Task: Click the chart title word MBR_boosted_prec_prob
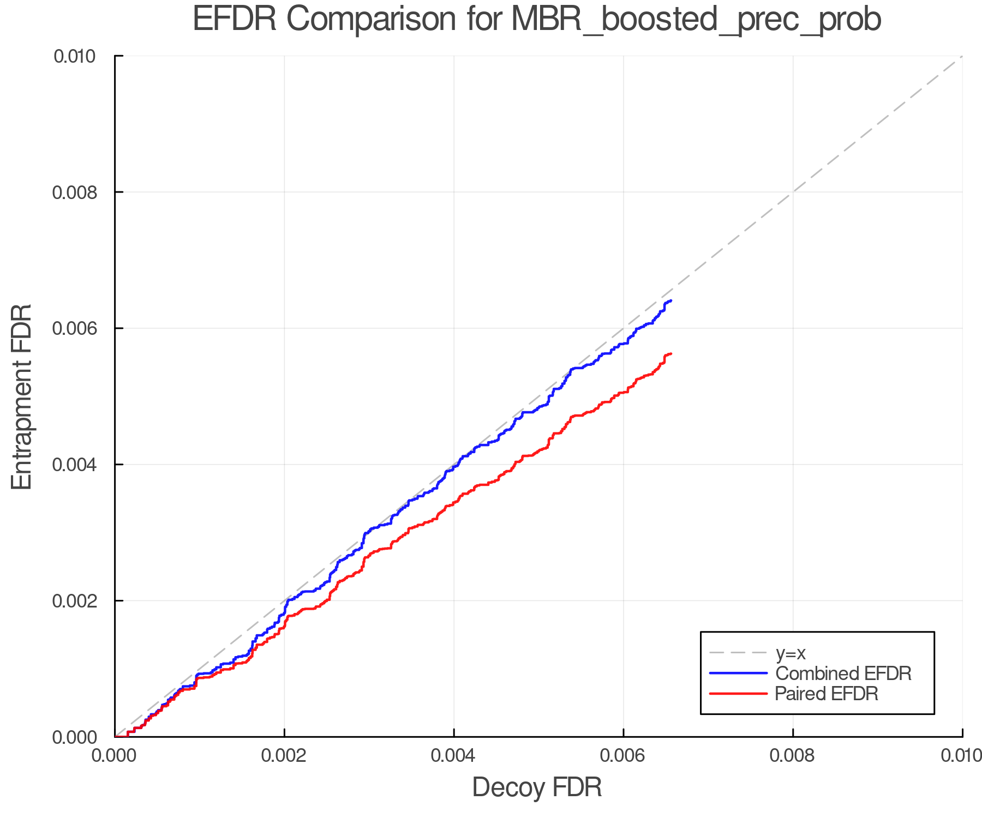pyautogui.click(x=696, y=20)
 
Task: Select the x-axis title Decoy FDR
pyautogui.click(x=537, y=787)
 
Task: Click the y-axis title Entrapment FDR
pyautogui.click(x=22, y=396)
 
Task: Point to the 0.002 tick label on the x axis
pyautogui.click(x=284, y=755)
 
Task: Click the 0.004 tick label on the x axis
pyautogui.click(x=454, y=755)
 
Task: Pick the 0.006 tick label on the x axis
pyautogui.click(x=623, y=755)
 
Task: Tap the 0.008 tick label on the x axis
pyautogui.click(x=793, y=755)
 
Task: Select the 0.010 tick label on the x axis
pyautogui.click(x=961, y=755)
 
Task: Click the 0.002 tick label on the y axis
pyautogui.click(x=74, y=601)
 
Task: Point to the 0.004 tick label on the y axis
pyautogui.click(x=74, y=465)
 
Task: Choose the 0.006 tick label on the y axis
pyautogui.click(x=74, y=328)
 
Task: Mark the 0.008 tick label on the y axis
pyautogui.click(x=74, y=192)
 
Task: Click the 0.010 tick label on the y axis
pyautogui.click(x=74, y=56)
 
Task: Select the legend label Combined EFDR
pyautogui.click(x=843, y=673)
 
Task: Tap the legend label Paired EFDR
pyautogui.click(x=827, y=694)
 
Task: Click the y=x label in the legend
pyautogui.click(x=791, y=653)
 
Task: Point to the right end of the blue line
pyautogui.click(x=670, y=300)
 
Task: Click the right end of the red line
pyautogui.click(x=670, y=353)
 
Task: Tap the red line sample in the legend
pyautogui.click(x=738, y=694)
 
